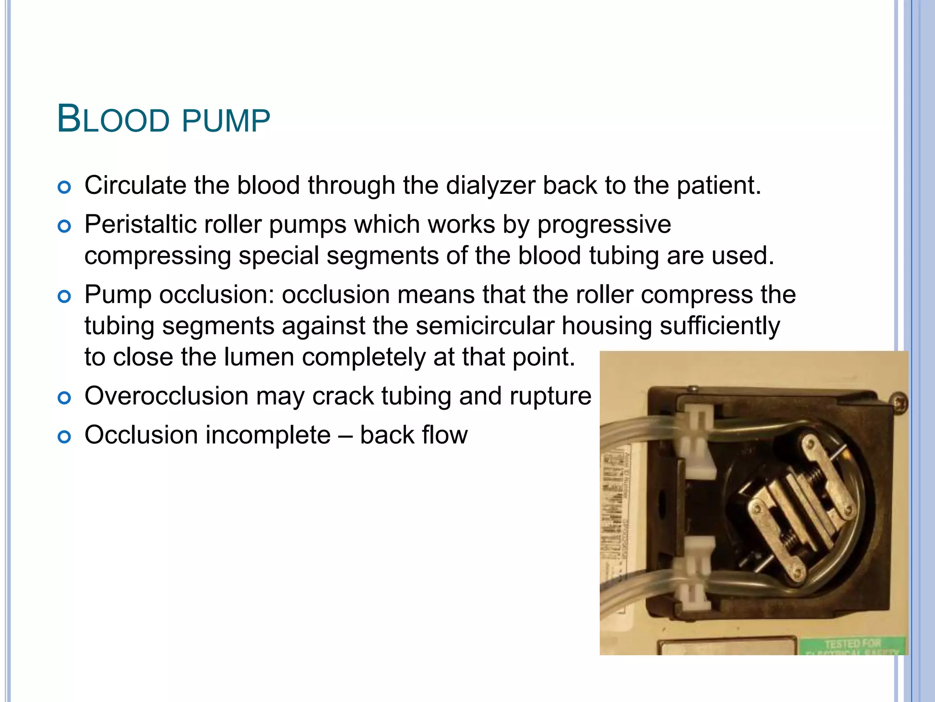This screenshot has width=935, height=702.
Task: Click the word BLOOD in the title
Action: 113,120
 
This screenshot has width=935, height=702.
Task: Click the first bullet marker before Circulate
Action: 64,187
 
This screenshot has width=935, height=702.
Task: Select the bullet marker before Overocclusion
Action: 64,398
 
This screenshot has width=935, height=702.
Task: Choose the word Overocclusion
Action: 167,396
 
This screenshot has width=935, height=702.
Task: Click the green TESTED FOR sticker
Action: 853,645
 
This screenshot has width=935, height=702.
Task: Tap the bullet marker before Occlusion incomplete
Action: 64,437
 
